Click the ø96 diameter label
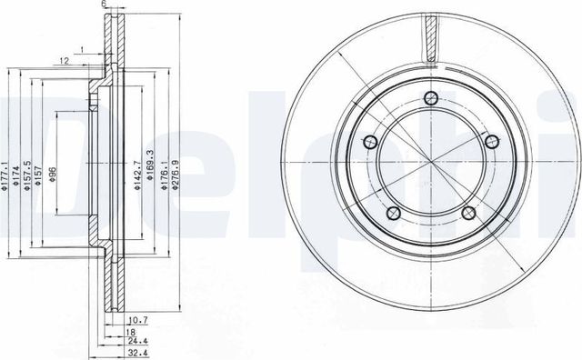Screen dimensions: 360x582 tap(54, 173)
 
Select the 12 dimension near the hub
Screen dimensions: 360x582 tap(65, 60)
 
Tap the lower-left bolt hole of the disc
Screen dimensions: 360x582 tap(393, 213)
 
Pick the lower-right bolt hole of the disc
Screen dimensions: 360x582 tap(469, 213)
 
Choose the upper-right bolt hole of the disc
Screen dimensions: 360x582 tap(493, 141)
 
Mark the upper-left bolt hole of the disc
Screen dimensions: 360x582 tap(370, 141)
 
